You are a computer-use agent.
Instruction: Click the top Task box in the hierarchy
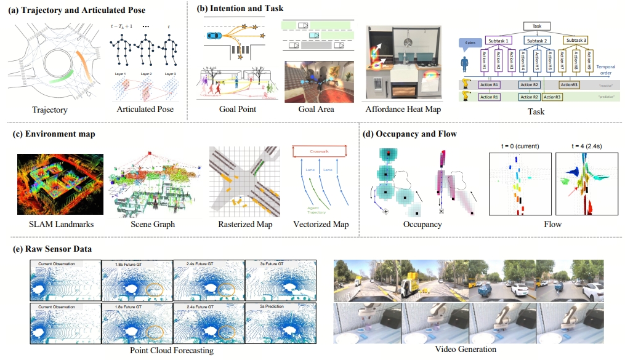click(x=537, y=26)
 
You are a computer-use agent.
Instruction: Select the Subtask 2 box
click(x=536, y=40)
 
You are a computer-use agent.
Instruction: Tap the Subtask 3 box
click(x=576, y=40)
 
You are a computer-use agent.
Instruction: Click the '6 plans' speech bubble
click(x=470, y=42)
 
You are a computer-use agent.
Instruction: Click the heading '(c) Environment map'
click(x=54, y=133)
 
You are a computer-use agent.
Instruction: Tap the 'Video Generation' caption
click(x=466, y=350)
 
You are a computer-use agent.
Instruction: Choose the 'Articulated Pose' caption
click(x=145, y=110)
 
